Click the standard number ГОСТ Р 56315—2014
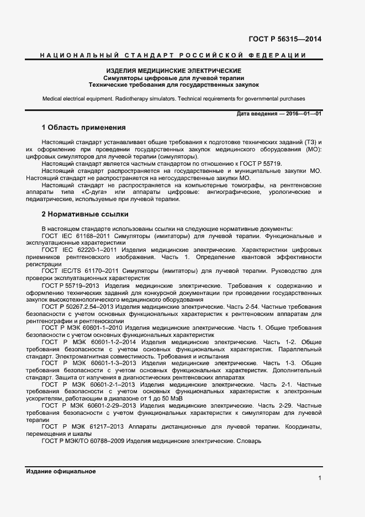tap(285, 39)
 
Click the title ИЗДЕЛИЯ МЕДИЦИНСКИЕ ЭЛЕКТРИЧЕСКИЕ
tap(174, 71)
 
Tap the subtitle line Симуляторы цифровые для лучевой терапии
tap(174, 78)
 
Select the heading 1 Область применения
tap(84, 127)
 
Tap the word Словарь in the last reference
tap(248, 441)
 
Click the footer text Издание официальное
tap(61, 471)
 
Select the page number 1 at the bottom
tap(319, 479)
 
